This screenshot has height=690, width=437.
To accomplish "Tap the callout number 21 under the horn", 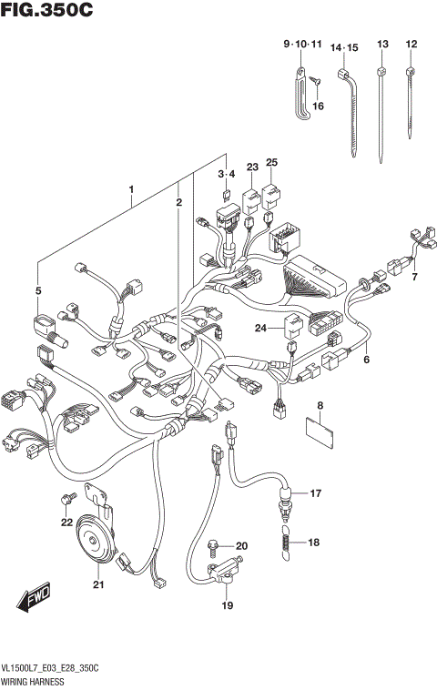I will pos(97,585).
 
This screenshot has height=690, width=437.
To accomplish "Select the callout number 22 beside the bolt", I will pos(66,522).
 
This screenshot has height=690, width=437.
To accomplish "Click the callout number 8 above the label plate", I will pos(320,405).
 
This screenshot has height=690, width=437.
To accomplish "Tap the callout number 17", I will pos(316,493).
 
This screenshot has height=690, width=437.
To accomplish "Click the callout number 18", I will pos(314,543).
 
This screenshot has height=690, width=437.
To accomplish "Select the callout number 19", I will pos(228,605).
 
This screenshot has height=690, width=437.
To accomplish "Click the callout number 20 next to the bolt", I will pos(241,546).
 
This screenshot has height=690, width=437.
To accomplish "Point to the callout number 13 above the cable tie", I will pos(382,45).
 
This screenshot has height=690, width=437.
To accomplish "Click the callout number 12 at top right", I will pos(412,45).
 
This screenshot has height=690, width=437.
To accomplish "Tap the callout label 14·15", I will pos(345,47).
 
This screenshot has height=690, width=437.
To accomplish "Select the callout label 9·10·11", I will pos(302,45).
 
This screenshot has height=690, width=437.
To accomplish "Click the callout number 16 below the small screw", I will pos(318,106).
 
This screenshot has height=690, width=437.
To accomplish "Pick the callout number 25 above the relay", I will pos(270,163).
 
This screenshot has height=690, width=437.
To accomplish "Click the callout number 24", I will pos(260,328).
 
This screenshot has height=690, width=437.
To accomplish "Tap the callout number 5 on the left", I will pos(38,290).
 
